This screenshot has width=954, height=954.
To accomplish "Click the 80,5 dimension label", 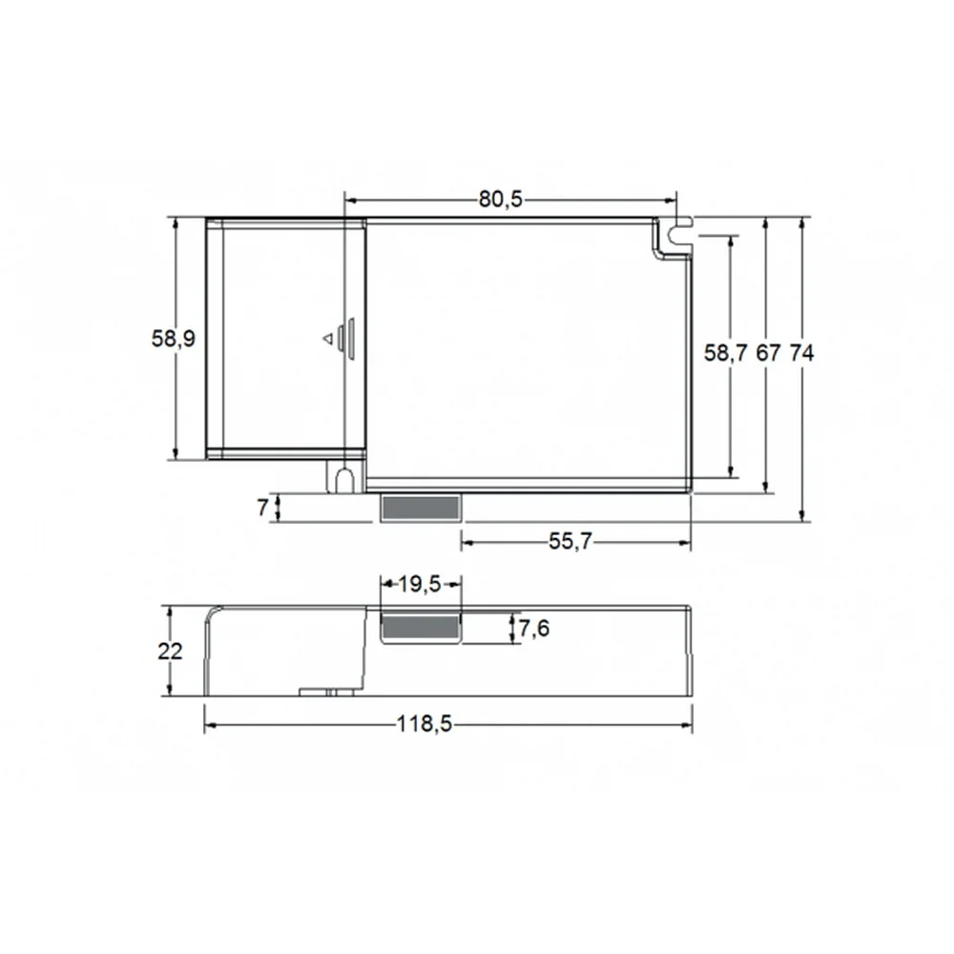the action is (x=500, y=199).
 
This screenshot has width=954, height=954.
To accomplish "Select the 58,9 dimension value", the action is (x=174, y=339).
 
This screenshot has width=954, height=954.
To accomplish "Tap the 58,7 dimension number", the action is (x=725, y=352).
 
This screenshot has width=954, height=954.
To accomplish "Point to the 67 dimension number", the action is (x=768, y=352).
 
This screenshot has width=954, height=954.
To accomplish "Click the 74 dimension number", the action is (x=801, y=352).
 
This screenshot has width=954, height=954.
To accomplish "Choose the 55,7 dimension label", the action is (x=570, y=541).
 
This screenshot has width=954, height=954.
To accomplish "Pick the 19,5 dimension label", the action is (x=419, y=584).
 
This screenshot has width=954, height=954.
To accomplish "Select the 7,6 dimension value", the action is (x=533, y=628).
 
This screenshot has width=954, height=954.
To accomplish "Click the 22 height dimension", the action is (x=170, y=651).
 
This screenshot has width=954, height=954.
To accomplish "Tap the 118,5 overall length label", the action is (x=425, y=724).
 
